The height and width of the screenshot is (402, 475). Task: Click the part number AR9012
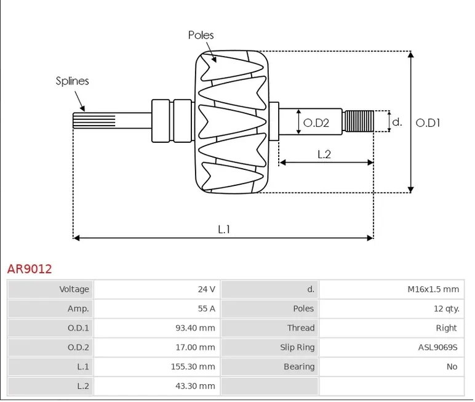pos(30,269)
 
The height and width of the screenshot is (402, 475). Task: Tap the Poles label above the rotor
pos(201,35)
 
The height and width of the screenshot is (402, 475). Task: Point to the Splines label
pos(72,81)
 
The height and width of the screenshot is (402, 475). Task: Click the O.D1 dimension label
pos(428,123)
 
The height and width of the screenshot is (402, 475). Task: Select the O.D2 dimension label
pos(316,123)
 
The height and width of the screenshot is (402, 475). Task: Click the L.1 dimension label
pos(224,229)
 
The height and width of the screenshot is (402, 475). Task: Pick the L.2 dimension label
pos(324,155)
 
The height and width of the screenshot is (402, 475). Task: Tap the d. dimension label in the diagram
pos(397,122)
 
